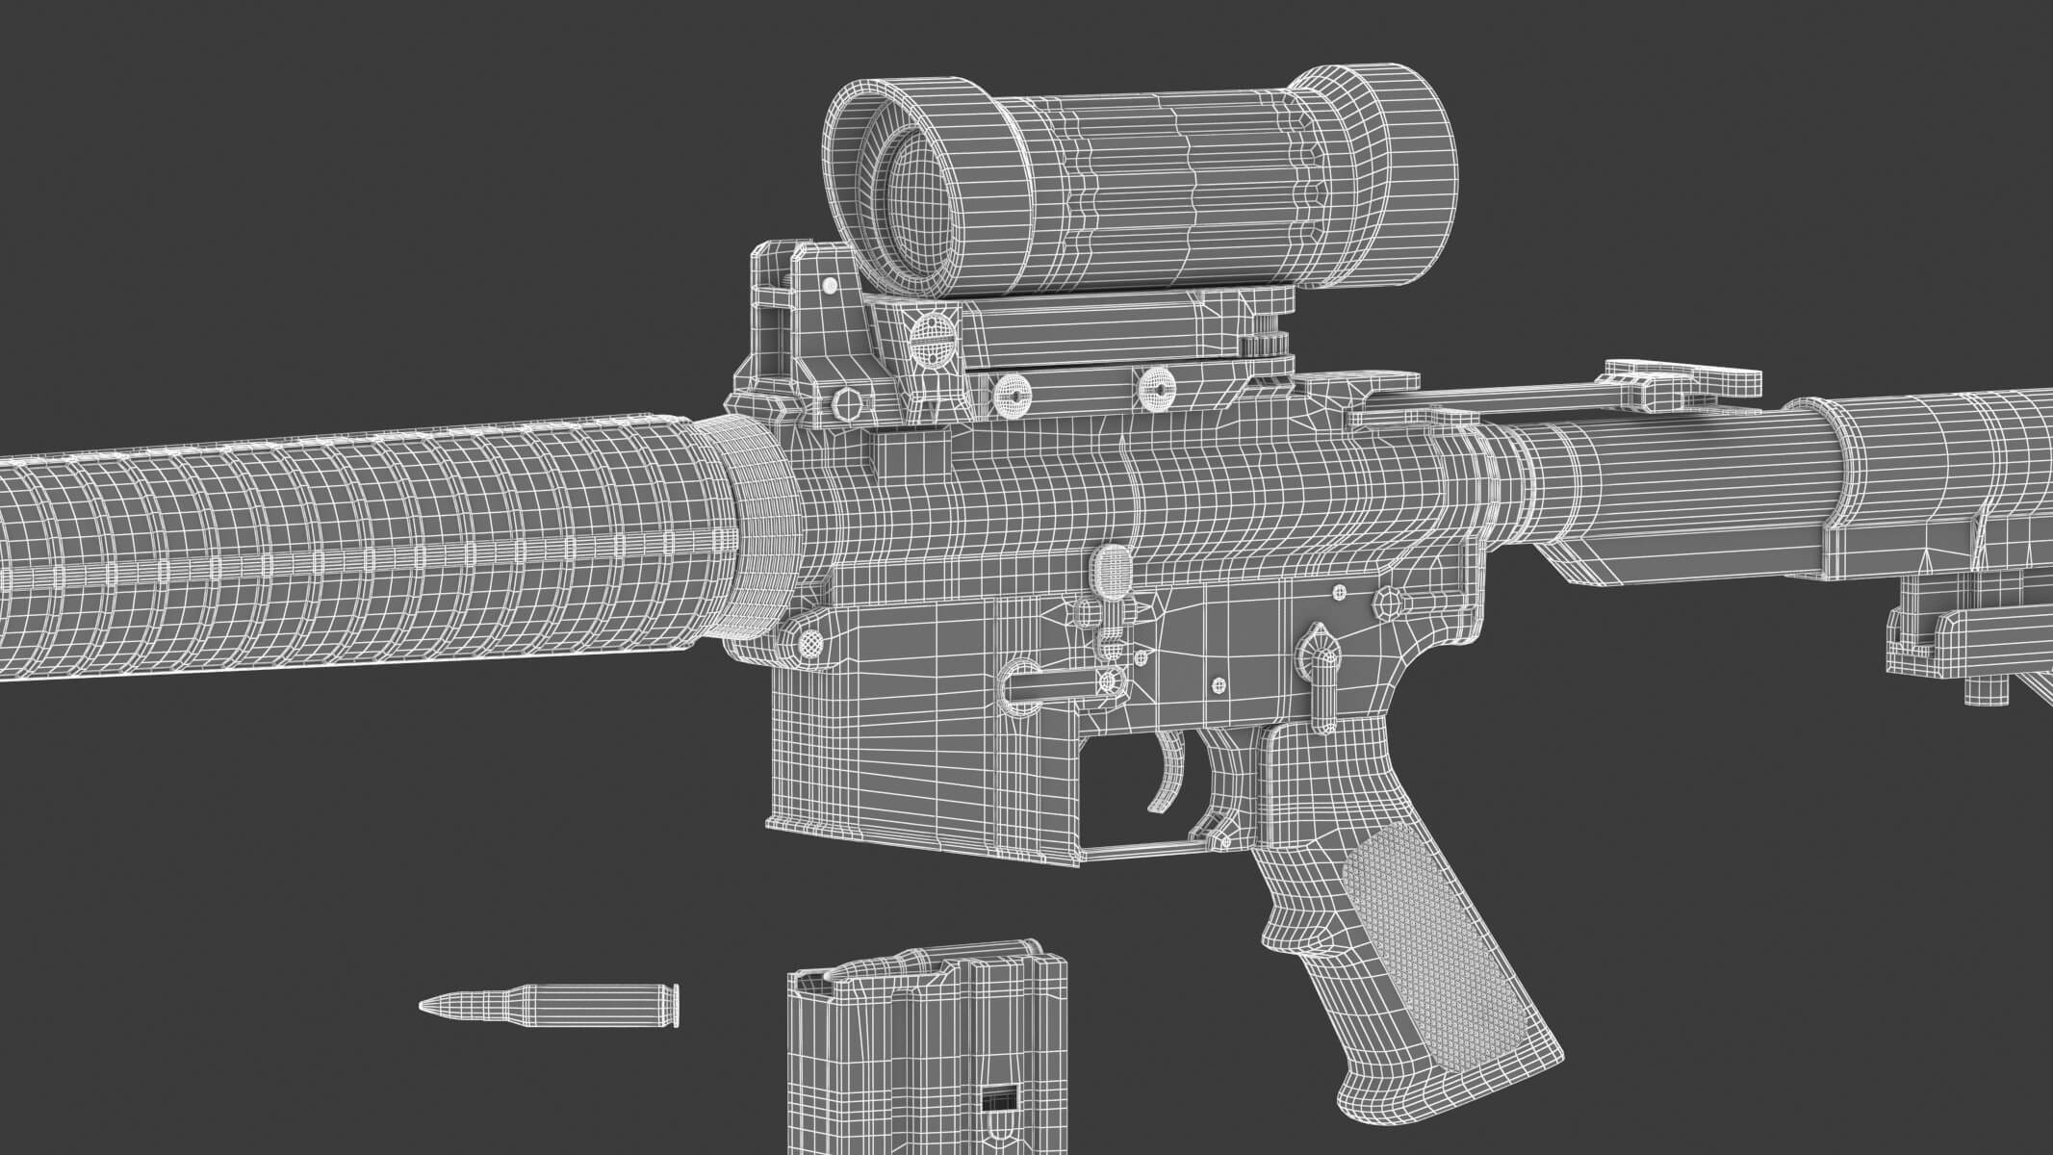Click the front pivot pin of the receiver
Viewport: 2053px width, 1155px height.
coord(812,639)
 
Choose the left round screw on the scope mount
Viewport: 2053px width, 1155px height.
coord(1014,392)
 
